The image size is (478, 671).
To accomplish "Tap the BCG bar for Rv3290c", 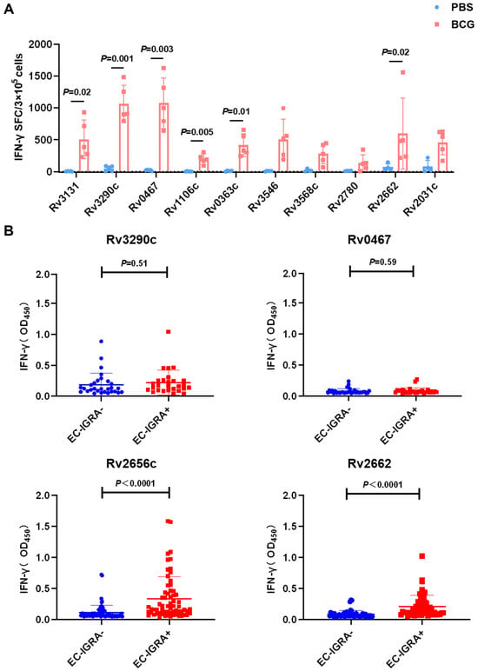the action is click(123, 137).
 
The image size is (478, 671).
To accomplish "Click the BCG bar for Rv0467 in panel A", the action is click(163, 137).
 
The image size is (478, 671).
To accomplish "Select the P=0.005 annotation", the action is click(196, 132).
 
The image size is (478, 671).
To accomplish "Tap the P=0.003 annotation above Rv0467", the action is click(157, 50).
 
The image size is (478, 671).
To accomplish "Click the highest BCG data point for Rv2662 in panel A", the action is click(402, 72).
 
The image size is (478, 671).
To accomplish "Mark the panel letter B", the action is click(9, 230).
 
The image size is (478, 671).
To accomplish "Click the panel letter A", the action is click(9, 9).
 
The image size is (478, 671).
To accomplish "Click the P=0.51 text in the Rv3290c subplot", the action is click(134, 262).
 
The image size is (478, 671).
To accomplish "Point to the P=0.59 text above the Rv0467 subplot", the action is click(382, 262).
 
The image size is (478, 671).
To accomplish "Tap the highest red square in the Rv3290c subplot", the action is click(169, 332).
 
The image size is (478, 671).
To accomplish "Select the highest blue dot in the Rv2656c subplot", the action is click(102, 575).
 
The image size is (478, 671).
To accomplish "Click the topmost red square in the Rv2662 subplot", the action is click(422, 556).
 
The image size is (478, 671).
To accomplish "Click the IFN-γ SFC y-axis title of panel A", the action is click(19, 107).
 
